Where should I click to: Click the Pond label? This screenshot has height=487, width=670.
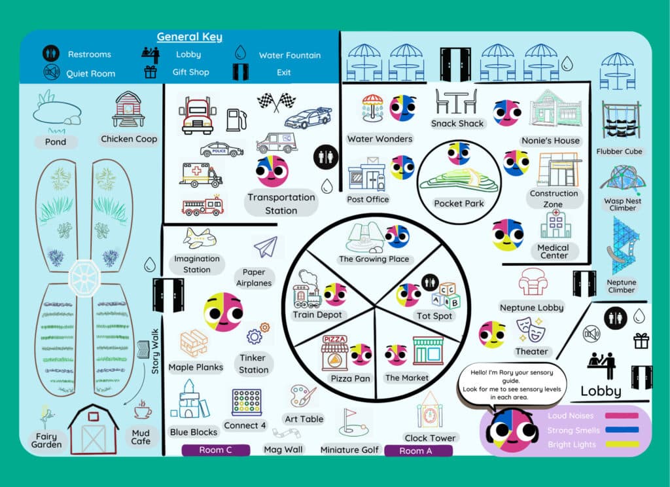pyautogui.click(x=56, y=141)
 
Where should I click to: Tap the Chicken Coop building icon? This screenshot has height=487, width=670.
pyautogui.click(x=128, y=109)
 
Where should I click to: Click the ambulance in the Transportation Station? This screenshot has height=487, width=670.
pyautogui.click(x=200, y=174)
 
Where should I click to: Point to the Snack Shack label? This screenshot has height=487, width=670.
pyautogui.click(x=457, y=123)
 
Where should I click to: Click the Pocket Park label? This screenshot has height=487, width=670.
pyautogui.click(x=459, y=204)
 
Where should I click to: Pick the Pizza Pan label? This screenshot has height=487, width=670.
pyautogui.click(x=351, y=378)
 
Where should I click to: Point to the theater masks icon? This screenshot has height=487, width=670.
pyautogui.click(x=531, y=329)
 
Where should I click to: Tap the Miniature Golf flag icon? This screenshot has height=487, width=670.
pyautogui.click(x=349, y=422)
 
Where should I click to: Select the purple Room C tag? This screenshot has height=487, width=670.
pyautogui.click(x=215, y=450)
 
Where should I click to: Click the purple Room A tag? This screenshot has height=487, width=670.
pyautogui.click(x=418, y=450)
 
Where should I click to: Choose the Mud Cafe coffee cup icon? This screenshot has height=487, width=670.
pyautogui.click(x=141, y=411)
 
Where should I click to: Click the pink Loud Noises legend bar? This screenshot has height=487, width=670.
pyautogui.click(x=622, y=415)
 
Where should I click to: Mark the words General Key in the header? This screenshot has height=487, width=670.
pyautogui.click(x=189, y=37)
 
